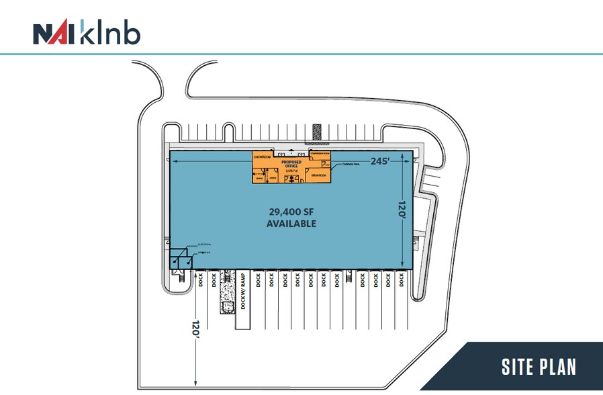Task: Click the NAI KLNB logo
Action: point(87,33)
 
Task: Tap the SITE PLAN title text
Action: point(539,367)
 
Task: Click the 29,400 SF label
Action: point(291,210)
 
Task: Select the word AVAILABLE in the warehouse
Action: point(291,223)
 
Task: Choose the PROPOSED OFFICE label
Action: point(291,163)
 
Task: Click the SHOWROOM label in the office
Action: point(261,156)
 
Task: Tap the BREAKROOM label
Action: point(318,176)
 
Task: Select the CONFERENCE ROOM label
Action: point(316,154)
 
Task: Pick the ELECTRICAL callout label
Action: point(204,245)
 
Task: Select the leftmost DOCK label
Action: point(201,279)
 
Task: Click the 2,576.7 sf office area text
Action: point(291,171)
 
